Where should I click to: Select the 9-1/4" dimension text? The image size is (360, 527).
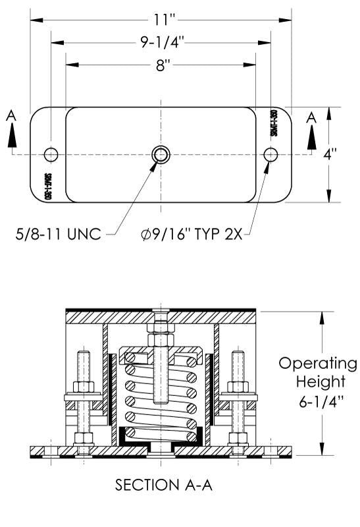[161, 43]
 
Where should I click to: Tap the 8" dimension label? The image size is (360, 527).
[162, 65]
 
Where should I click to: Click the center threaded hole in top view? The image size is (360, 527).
[161, 154]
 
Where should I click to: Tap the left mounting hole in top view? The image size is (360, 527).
[51, 154]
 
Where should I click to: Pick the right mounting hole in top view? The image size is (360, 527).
[270, 154]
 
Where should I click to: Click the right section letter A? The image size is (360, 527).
[312, 117]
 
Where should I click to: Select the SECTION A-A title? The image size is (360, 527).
[161, 485]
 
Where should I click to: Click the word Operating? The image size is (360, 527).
[317, 364]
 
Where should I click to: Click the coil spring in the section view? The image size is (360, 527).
[162, 395]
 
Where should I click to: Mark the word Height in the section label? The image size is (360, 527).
[317, 381]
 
